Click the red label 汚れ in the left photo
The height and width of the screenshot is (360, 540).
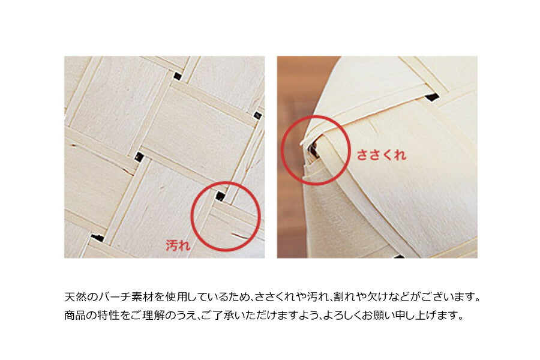(178, 245)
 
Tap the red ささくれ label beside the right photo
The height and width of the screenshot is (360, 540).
(381, 155)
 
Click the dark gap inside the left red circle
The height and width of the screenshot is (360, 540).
(220, 196)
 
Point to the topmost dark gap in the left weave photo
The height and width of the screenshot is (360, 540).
(178, 76)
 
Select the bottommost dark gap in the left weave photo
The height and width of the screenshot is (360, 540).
(97, 238)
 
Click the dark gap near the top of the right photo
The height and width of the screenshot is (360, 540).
(432, 97)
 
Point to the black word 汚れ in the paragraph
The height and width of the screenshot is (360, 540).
(317, 296)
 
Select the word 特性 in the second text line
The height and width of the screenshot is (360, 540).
(109, 315)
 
